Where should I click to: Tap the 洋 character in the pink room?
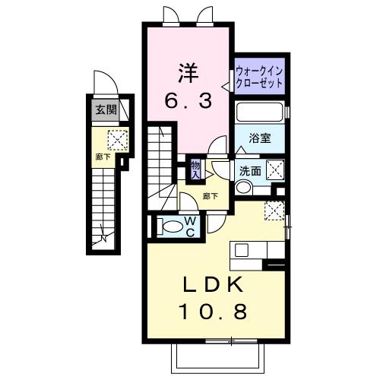pyautogui.click(x=187, y=73)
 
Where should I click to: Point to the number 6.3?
pyautogui.click(x=188, y=100)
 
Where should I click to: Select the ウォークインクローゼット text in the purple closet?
pyautogui.click(x=260, y=76)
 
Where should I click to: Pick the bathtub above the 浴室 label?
pyautogui.click(x=260, y=112)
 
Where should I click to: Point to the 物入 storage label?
pyautogui.click(x=195, y=169)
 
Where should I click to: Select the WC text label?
pyautogui.click(x=190, y=226)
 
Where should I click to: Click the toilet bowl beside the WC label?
pyautogui.click(x=170, y=226)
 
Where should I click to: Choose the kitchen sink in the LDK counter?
pyautogui.click(x=242, y=249)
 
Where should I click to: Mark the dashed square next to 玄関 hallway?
pyautogui.click(x=118, y=140)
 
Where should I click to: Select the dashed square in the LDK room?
pyautogui.click(x=273, y=210)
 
